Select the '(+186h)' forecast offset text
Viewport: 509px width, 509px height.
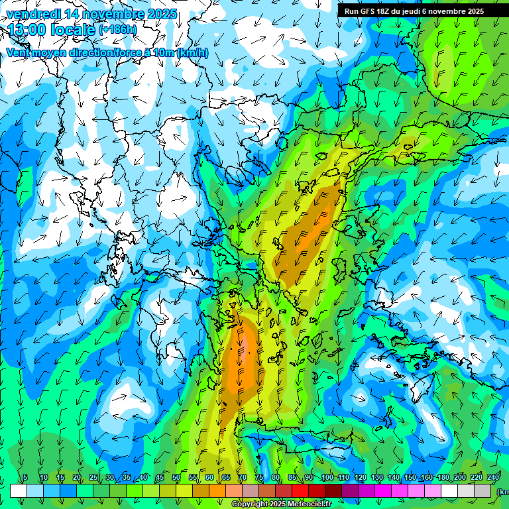(117, 30)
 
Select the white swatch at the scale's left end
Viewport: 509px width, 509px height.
(19, 490)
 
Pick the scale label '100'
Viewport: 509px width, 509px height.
(327, 478)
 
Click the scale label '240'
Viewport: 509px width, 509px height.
(493, 478)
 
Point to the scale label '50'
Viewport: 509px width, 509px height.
(176, 478)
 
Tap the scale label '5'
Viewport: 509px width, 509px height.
(25, 478)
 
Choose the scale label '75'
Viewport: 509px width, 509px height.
(259, 478)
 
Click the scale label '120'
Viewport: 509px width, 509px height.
(360, 478)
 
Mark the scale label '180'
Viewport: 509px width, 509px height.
(443, 478)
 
